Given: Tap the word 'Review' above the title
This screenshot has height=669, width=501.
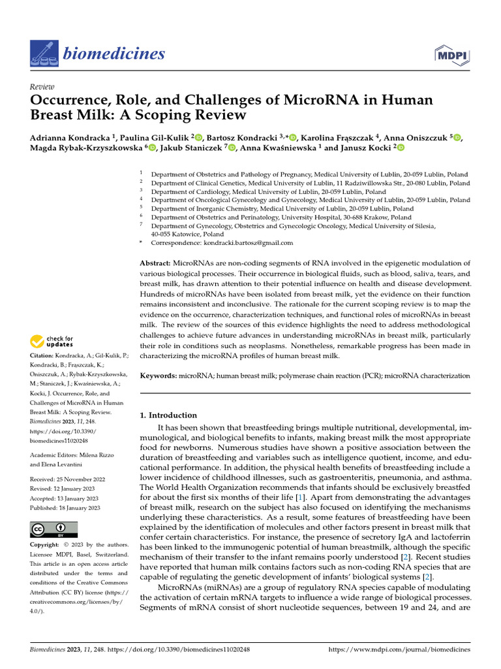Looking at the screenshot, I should click(42, 87).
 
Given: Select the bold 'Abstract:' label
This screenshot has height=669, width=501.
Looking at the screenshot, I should click(155, 262).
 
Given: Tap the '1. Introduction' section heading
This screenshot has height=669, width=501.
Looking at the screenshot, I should click(169, 415).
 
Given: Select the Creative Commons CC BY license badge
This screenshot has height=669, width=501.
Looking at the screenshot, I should click(53, 529).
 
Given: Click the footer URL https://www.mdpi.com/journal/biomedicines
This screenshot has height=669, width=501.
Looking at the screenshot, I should click(400, 650).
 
